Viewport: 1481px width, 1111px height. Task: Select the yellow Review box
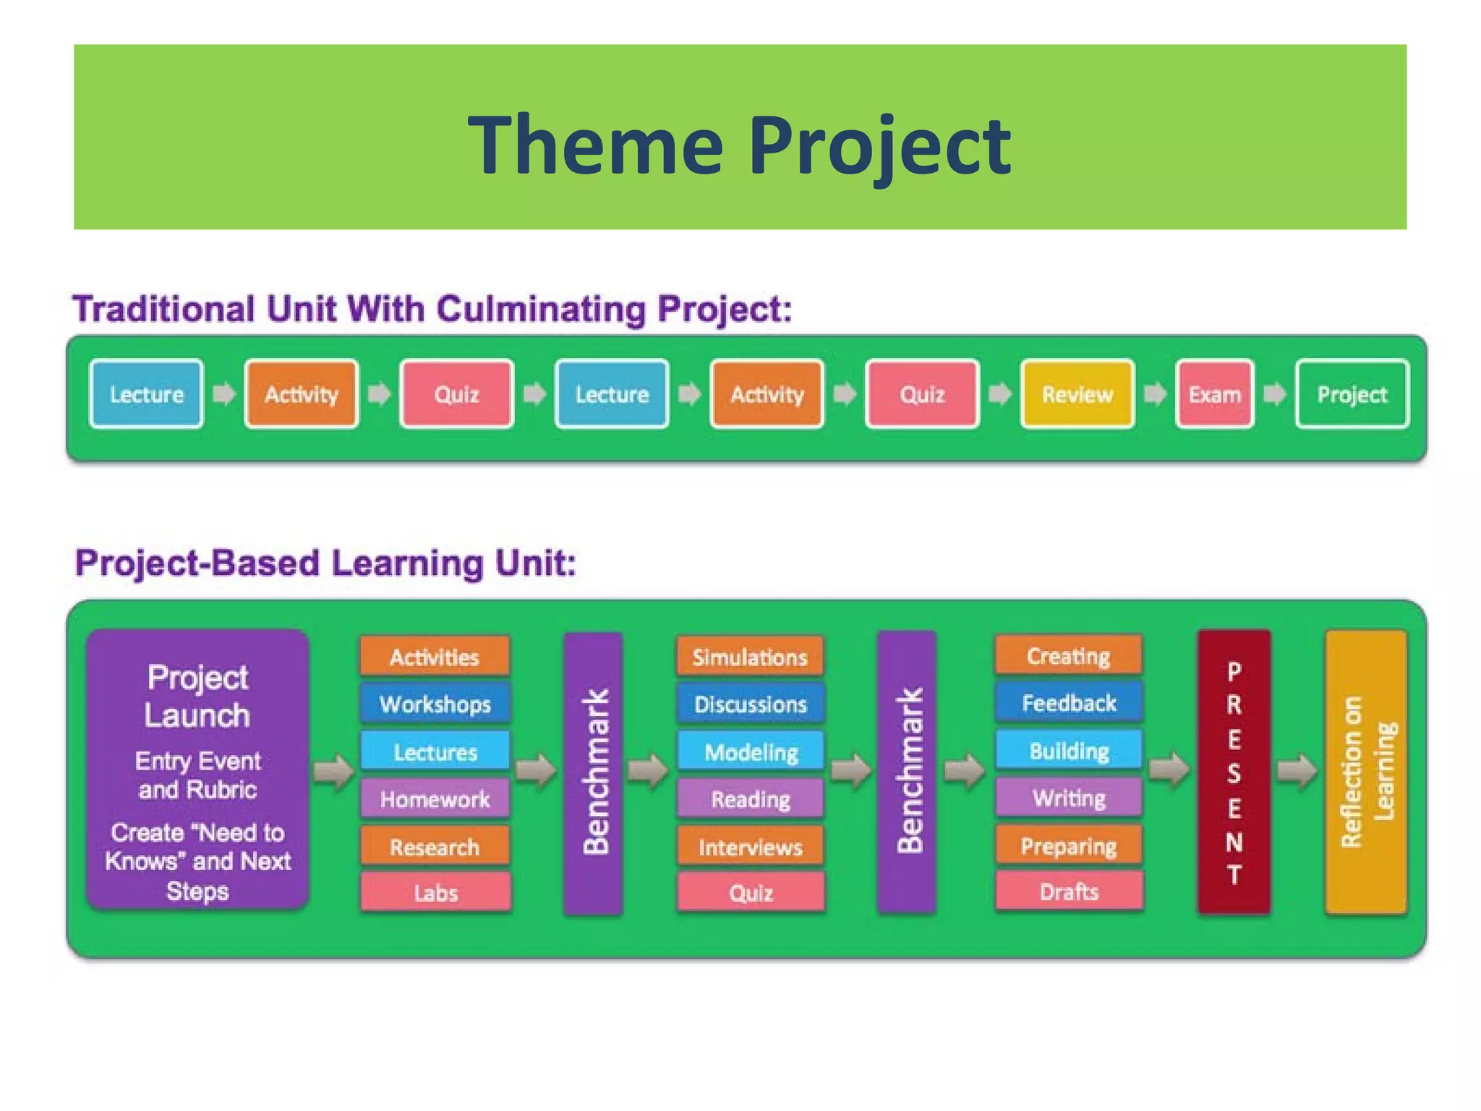point(1077,394)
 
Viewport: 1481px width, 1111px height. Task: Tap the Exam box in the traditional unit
point(1214,394)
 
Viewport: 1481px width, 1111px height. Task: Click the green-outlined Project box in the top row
point(1352,394)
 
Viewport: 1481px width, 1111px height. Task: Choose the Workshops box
point(435,704)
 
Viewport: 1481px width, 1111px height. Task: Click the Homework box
point(435,799)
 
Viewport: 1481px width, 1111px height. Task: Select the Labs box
point(435,893)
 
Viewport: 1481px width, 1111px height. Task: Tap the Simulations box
point(750,657)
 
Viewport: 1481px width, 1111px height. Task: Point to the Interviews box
point(750,846)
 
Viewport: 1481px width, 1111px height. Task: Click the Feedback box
point(1068,703)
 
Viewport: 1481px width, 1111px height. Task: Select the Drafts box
point(1068,892)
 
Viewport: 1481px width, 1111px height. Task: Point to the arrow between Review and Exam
point(1155,394)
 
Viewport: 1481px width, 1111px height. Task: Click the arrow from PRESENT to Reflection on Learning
point(1297,771)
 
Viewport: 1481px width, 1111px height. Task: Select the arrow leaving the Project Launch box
point(333,771)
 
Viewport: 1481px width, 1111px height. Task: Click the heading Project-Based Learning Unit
point(325,563)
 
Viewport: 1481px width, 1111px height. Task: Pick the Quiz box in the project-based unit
point(750,893)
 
